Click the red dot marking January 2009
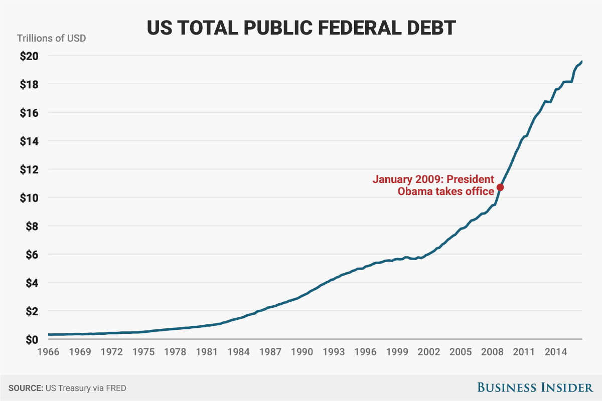tap(500, 187)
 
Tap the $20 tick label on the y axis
tap(29, 56)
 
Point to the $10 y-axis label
tap(29, 198)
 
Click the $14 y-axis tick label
tap(29, 141)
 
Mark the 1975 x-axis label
tap(144, 352)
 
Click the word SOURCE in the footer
tap(24, 388)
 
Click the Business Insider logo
tap(534, 387)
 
